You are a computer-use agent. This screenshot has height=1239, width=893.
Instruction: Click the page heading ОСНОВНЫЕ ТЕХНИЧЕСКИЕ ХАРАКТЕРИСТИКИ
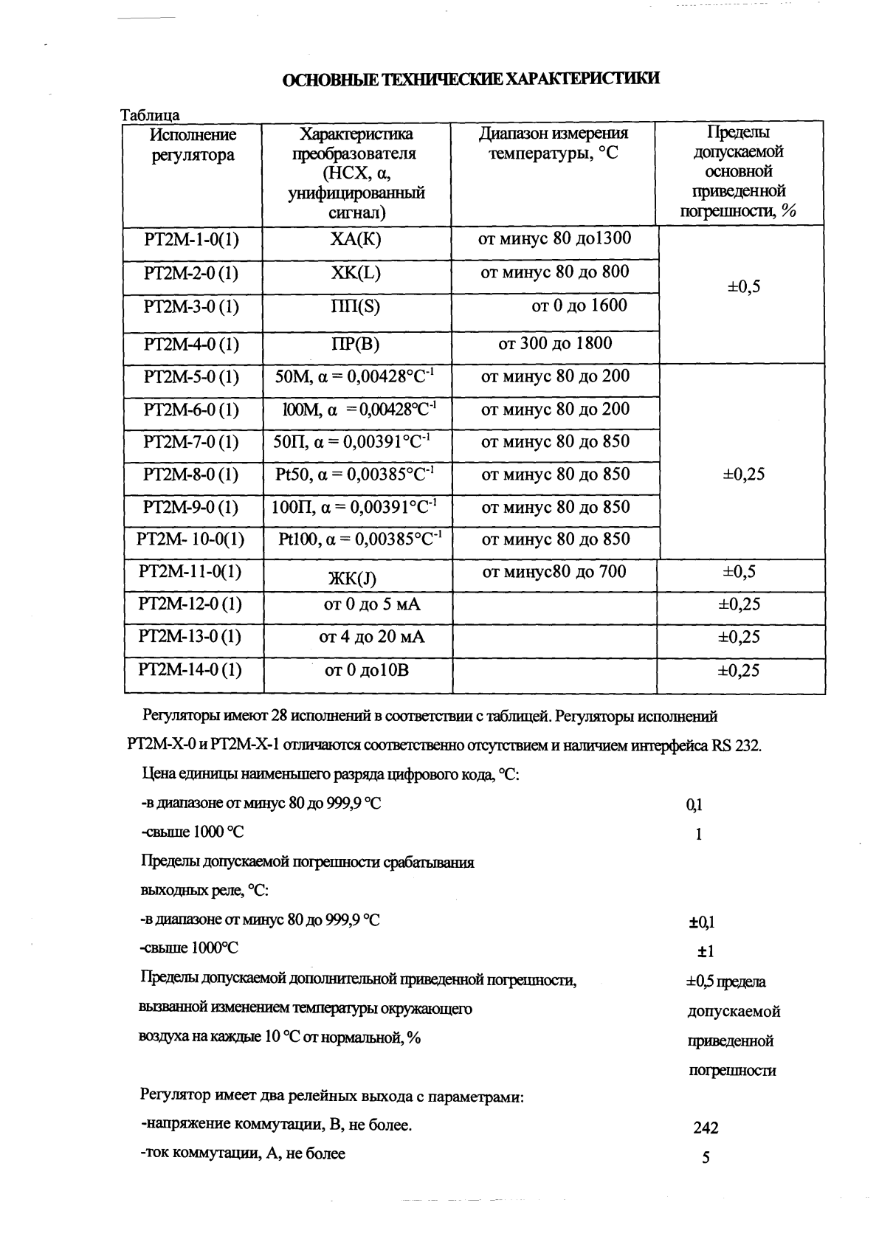coord(471,80)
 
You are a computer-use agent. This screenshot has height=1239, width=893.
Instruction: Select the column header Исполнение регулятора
coord(193,145)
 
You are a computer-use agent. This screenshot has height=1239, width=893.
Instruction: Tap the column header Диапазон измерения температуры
coord(554,144)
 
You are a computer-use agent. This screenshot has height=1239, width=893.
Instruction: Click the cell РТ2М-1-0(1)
coord(192,240)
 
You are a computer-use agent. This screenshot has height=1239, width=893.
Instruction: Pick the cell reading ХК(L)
coord(356,273)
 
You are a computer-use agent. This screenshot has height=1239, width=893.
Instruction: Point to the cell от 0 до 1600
coord(579,306)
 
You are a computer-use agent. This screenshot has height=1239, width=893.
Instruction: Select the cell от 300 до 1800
coord(555,343)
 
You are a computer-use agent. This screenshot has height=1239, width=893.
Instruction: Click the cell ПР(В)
coord(356,345)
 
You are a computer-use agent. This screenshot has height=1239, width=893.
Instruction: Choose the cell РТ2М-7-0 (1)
coord(192,442)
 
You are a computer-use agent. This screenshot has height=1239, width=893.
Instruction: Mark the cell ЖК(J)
coord(352,579)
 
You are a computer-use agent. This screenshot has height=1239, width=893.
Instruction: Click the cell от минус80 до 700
coord(554,571)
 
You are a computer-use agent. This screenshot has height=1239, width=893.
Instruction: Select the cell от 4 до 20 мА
coord(372,636)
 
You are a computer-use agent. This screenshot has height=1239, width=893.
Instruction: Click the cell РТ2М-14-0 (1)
coord(190,669)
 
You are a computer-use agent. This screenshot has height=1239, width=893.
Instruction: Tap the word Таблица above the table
coord(151,115)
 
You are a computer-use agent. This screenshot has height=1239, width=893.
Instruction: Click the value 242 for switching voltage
coord(706,1128)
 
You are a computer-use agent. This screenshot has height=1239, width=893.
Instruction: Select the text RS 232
coord(735,745)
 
